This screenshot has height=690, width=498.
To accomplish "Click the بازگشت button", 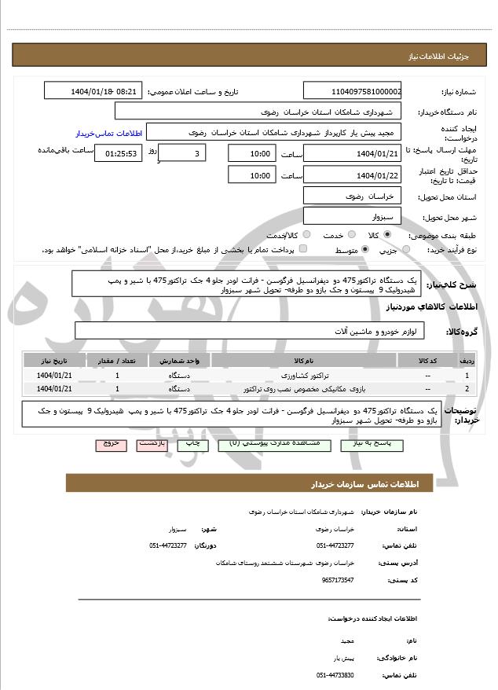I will pos(152,445).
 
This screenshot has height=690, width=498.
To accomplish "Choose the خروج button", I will pos(111,445).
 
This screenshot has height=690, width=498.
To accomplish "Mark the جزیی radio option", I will pos(405,250).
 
